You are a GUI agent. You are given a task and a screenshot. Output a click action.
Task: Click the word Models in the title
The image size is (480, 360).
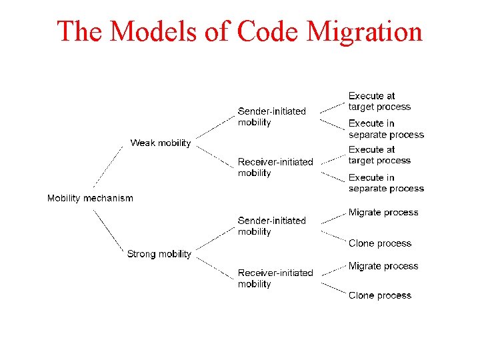(x=155, y=31)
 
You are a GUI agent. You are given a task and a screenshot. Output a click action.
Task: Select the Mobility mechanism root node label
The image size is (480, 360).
(x=90, y=198)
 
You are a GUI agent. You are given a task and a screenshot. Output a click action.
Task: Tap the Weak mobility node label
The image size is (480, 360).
(x=160, y=143)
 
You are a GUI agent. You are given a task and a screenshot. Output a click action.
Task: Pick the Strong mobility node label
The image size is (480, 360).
(x=159, y=254)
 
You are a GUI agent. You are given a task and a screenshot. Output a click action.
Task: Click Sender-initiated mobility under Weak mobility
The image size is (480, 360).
(x=271, y=117)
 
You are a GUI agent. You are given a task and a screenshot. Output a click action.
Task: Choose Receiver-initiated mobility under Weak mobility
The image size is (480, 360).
(x=275, y=167)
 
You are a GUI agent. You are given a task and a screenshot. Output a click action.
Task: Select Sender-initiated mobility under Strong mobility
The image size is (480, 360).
(x=271, y=226)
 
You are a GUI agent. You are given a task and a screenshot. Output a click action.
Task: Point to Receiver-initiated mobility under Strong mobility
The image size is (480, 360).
(x=275, y=278)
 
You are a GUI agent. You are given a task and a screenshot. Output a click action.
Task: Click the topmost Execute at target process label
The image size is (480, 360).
(x=379, y=101)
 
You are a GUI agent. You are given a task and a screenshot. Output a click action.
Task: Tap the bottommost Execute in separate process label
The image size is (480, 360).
(x=386, y=183)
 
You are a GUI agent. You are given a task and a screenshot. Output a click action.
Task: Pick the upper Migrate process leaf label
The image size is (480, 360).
(x=383, y=213)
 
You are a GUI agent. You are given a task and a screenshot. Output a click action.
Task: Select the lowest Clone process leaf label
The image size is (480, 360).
(x=380, y=295)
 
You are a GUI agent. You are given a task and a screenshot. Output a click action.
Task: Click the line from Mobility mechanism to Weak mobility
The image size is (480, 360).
(x=108, y=166)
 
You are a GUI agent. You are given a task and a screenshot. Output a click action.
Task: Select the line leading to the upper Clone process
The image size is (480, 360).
(x=333, y=237)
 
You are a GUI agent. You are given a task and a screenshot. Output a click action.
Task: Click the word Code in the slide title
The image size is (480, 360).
(x=265, y=31)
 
